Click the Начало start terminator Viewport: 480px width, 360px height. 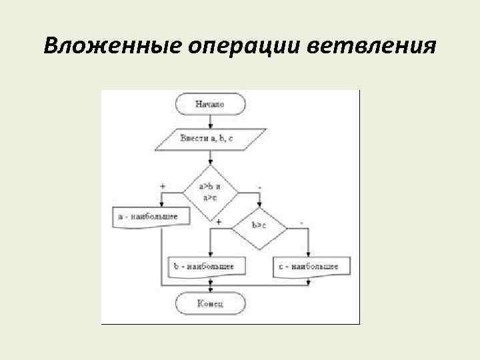click(210, 104)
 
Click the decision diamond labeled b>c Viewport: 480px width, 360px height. click(260, 227)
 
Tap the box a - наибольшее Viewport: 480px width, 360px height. click(150, 216)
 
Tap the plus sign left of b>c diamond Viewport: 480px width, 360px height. click(219, 221)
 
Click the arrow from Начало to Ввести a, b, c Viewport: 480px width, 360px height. click(210, 121)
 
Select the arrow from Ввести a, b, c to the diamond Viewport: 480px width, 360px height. click(210, 158)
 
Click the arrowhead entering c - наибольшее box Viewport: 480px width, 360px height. click(308, 255)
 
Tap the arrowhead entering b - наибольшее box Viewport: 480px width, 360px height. click(211, 255)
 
